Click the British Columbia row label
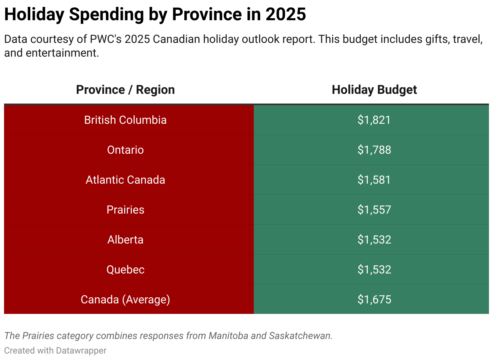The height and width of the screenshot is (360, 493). pos(125,120)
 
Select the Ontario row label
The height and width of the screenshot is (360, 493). pos(125,150)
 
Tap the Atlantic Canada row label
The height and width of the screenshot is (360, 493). pos(125,180)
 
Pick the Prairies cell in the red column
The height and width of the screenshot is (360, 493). pos(125,210)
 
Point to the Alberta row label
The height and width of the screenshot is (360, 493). pos(125,240)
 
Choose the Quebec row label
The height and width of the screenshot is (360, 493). pos(125,270)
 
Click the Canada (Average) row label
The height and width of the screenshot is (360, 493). pos(125,300)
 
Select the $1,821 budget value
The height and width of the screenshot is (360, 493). pos(374,120)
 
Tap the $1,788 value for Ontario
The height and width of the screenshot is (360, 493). pos(374,150)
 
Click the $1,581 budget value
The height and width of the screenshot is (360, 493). pos(374,180)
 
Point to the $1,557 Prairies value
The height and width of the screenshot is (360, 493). pos(374,210)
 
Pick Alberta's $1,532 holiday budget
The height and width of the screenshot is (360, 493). pos(374,240)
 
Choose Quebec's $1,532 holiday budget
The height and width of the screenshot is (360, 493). pos(374,270)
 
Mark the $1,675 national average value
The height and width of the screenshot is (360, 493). pos(374,300)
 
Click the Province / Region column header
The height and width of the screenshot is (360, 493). pos(125,90)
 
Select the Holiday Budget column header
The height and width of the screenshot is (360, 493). pos(374,90)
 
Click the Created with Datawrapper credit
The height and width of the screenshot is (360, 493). pos(55,350)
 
